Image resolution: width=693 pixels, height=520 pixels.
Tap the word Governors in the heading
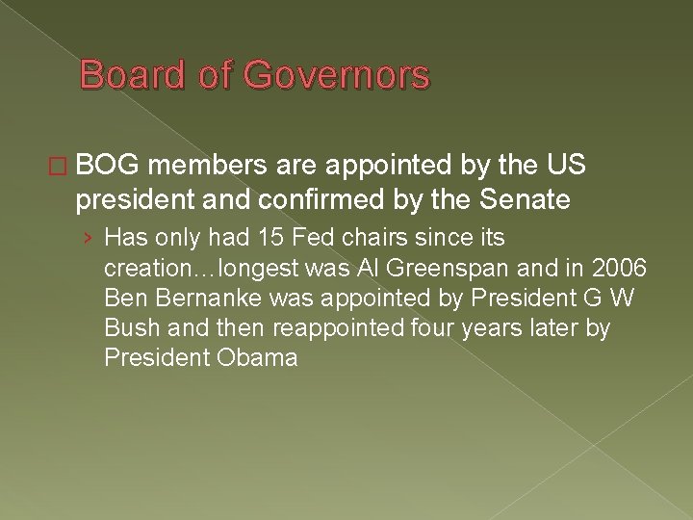(339, 76)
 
